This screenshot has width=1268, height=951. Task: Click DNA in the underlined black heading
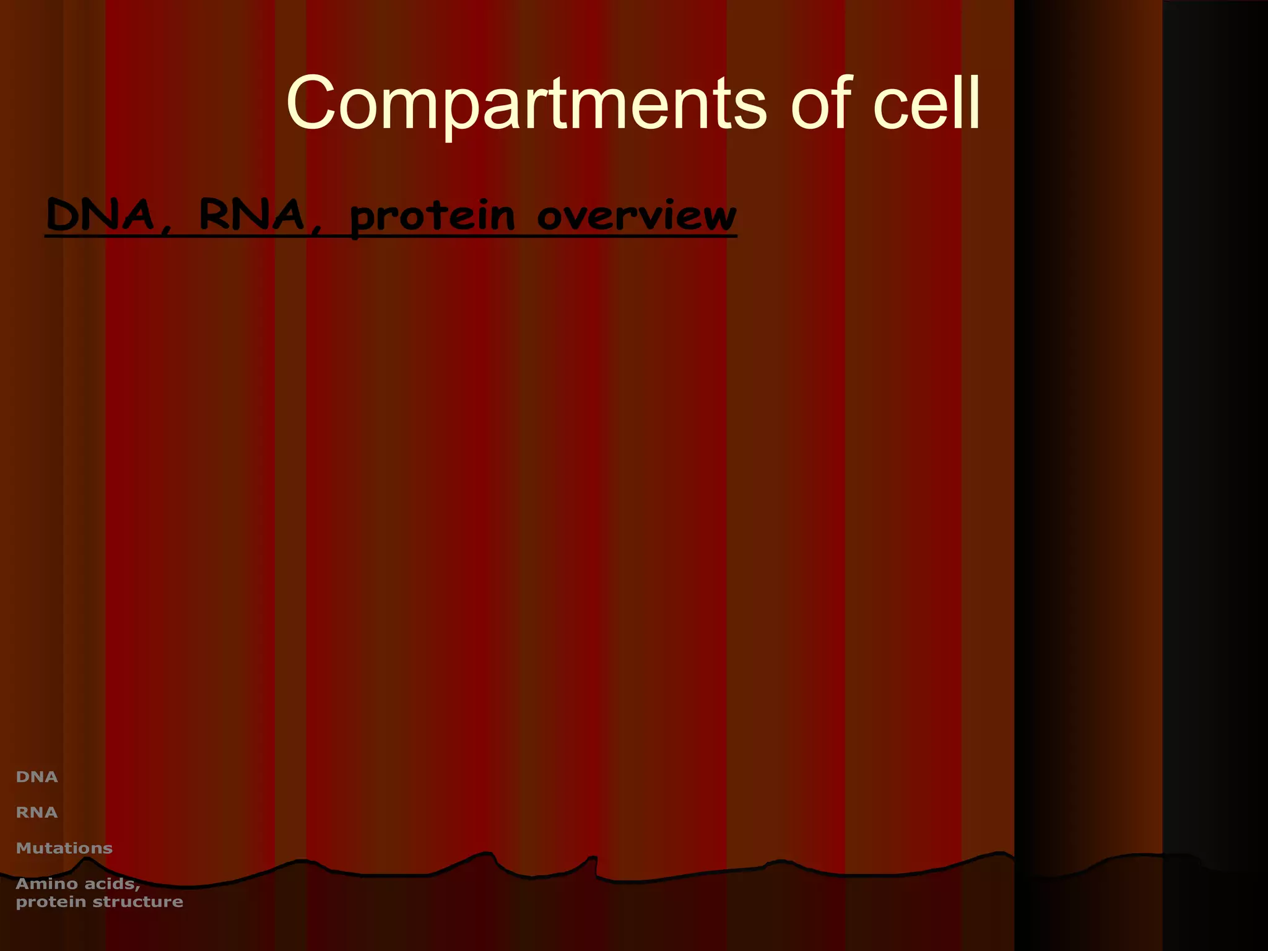pos(100,215)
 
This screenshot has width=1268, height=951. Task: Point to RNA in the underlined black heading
pos(251,215)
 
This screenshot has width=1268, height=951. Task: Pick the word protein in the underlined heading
pos(432,218)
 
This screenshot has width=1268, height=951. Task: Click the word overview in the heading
pos(636,217)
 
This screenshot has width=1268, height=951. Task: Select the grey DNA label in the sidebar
pos(37,777)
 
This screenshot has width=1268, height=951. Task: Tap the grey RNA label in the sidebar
pos(37,812)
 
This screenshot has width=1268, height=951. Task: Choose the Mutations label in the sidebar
pos(64,848)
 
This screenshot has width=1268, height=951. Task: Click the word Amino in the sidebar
pos(46,884)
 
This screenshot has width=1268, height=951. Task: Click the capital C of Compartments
pos(311,103)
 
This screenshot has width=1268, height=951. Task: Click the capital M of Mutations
pos(24,848)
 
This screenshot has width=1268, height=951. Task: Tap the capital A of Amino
pos(23,884)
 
